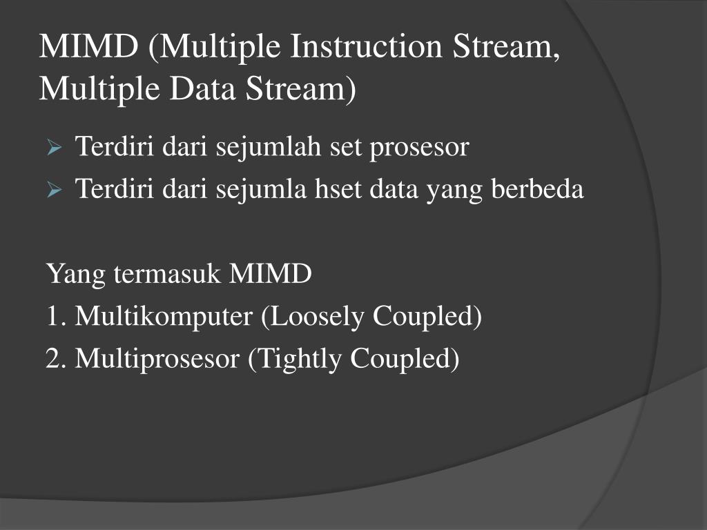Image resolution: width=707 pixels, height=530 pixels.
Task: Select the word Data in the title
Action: (x=204, y=88)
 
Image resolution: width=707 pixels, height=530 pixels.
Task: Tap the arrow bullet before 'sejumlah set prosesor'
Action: (x=55, y=148)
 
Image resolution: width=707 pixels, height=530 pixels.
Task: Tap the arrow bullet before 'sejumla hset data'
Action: (x=55, y=189)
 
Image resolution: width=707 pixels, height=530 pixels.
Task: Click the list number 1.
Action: (x=55, y=317)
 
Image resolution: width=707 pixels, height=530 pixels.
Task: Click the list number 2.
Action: (x=55, y=359)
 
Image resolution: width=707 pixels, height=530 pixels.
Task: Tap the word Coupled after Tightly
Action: (x=403, y=360)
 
